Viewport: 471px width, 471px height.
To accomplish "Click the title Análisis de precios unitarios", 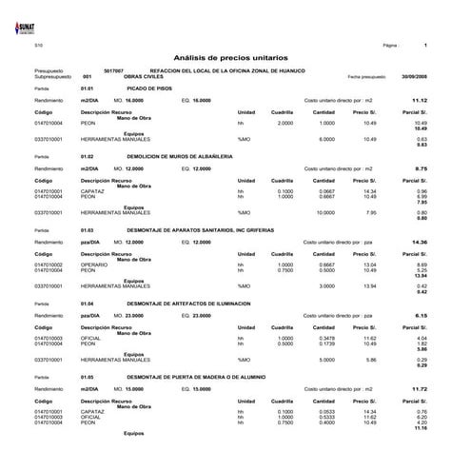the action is point(235,58).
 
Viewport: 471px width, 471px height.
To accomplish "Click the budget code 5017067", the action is point(113,70).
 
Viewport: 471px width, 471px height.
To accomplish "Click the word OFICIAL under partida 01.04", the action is point(91,338).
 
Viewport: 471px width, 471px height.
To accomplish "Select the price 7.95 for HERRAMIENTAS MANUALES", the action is point(371,212).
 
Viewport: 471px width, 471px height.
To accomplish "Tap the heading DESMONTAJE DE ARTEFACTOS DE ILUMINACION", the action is point(188,303).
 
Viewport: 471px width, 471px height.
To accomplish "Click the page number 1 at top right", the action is point(425,45).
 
